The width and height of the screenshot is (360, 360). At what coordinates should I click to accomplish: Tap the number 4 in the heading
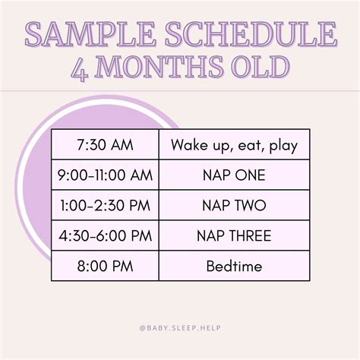coord(80,67)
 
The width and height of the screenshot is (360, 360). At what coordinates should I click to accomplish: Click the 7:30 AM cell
coord(105,144)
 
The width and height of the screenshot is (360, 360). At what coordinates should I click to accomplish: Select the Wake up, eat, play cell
coord(234,144)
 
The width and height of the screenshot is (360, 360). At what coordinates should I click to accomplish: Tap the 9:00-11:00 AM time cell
coord(105,175)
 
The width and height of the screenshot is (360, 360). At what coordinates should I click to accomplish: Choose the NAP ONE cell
coord(234,175)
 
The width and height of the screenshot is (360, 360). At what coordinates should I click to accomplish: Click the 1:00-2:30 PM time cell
coord(105,206)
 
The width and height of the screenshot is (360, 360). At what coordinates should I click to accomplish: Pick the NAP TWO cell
coord(234,206)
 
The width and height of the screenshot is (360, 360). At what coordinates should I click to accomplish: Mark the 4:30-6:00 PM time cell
coord(105,235)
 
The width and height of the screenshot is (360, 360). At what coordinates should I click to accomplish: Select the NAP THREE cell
coord(234,235)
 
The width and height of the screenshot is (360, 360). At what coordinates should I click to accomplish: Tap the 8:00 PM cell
coord(105,266)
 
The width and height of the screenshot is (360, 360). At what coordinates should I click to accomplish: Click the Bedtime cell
coord(234,266)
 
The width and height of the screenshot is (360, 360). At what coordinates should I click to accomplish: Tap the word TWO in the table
coord(251,206)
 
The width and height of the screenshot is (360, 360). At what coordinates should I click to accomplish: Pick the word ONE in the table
coord(250,175)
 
